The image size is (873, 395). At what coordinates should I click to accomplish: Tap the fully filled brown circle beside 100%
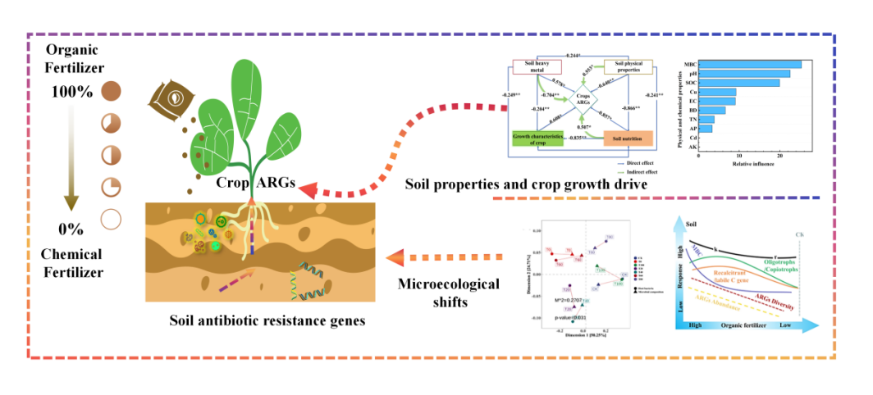(112, 91)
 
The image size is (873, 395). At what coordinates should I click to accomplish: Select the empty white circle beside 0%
(112, 220)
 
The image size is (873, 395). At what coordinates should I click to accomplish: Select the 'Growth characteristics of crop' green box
(537, 138)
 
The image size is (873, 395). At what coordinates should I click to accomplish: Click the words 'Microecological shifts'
(447, 293)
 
